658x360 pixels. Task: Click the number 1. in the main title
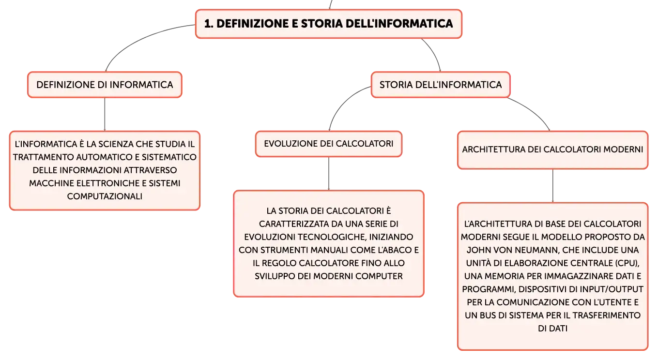pyautogui.click(x=209, y=24)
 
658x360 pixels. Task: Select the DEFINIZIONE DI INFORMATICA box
pyautogui.click(x=105, y=85)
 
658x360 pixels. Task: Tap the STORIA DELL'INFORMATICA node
pyautogui.click(x=441, y=85)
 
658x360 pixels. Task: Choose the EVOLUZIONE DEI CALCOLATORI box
pyautogui.click(x=329, y=144)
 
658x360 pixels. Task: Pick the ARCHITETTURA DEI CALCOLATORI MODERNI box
pyautogui.click(x=553, y=150)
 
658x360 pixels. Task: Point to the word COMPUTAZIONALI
pyautogui.click(x=105, y=196)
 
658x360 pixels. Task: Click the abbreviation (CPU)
pyautogui.click(x=628, y=263)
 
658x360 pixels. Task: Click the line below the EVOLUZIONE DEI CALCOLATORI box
pyautogui.click(x=329, y=174)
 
